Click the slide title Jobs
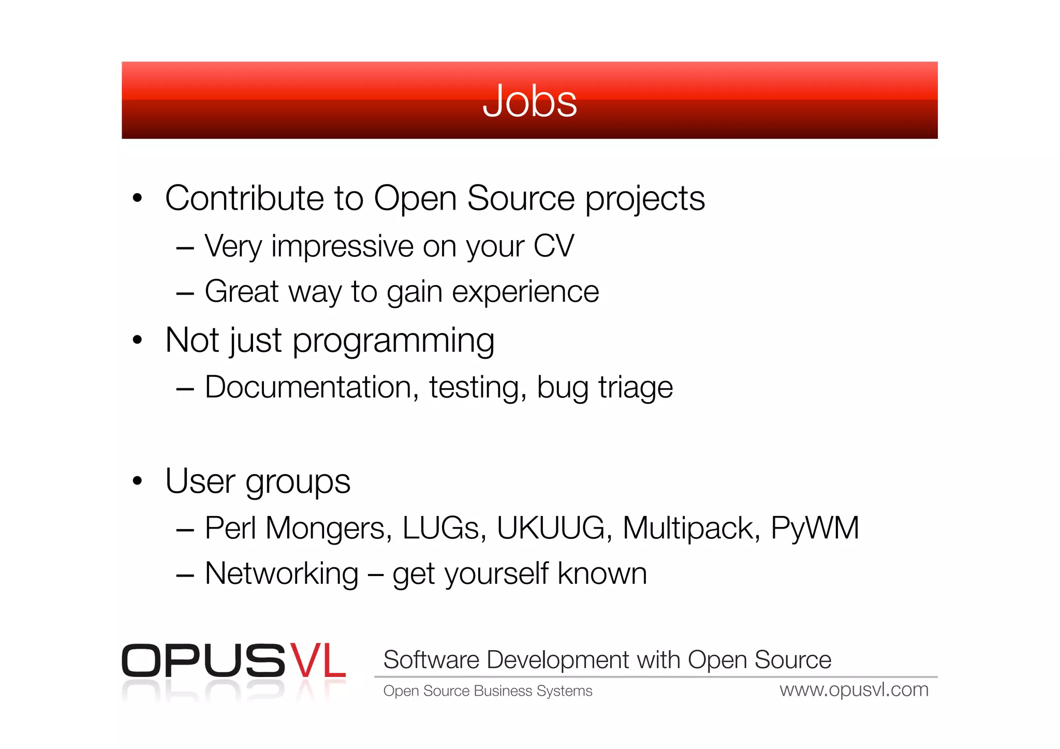(x=529, y=101)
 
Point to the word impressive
(x=342, y=247)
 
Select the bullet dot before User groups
(x=137, y=481)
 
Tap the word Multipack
(x=691, y=528)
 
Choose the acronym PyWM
(x=815, y=528)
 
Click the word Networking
(x=282, y=574)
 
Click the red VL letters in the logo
(x=317, y=660)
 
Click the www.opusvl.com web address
(x=854, y=690)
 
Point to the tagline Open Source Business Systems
(x=488, y=691)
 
